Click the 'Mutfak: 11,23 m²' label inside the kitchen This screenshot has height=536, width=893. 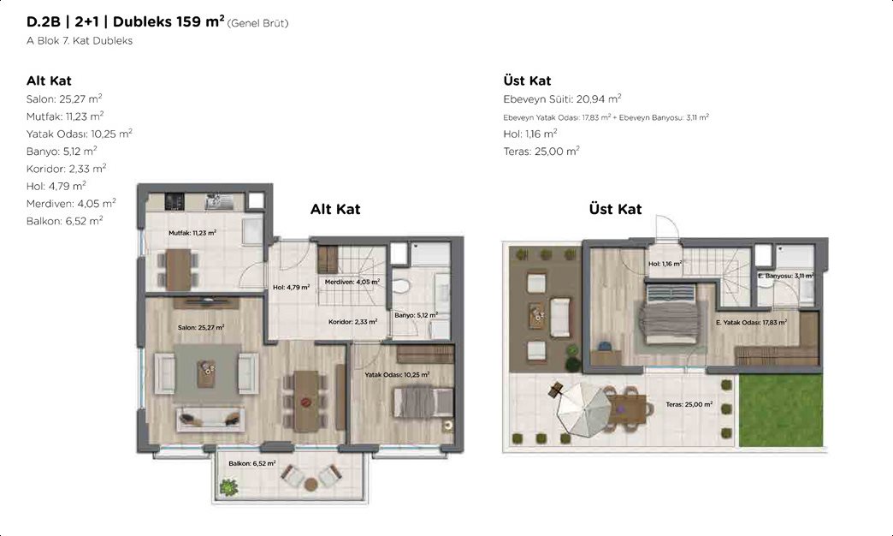192,233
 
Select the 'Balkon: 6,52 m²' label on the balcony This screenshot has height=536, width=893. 252,463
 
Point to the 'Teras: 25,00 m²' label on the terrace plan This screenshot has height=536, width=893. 689,404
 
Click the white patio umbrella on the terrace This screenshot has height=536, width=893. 583,408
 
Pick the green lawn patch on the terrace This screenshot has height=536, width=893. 781,410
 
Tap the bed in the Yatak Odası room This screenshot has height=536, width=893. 423,402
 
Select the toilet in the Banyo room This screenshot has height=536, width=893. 402,285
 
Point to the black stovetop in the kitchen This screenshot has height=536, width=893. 174,201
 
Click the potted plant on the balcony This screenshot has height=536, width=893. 228,487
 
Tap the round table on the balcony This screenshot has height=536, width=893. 311,485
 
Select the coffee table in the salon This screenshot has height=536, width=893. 206,373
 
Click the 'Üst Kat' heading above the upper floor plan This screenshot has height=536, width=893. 615,209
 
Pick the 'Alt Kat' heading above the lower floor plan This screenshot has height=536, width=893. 335,209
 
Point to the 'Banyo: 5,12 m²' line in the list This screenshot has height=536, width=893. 62,151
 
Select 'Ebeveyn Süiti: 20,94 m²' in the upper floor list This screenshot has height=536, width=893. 562,98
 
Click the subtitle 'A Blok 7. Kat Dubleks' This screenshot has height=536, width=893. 80,40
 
